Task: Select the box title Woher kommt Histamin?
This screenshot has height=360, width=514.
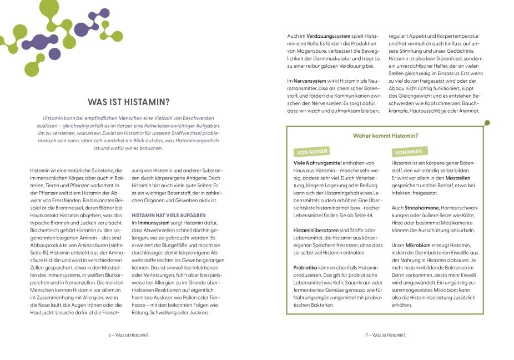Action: pos(385,136)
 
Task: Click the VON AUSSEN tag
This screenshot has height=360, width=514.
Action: pos(311,151)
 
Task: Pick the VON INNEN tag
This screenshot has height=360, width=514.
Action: pos(408,151)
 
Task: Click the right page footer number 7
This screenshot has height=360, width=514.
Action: pos(367,335)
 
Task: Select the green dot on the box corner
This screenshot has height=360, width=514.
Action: pos(487,123)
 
